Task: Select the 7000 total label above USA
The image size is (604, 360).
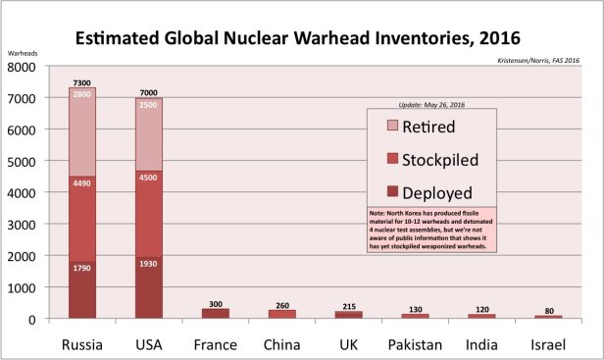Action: click(148, 91)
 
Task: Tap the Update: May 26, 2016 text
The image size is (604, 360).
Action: click(432, 104)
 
